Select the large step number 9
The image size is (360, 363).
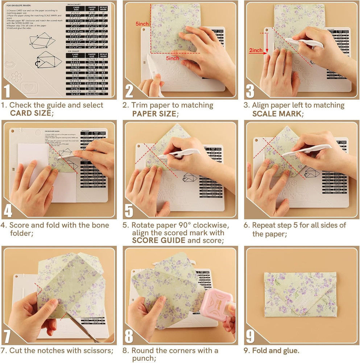(x=250, y=336)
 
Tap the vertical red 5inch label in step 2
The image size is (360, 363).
(x=142, y=24)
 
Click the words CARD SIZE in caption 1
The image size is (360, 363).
(x=31, y=113)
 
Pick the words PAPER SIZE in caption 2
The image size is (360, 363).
(x=154, y=114)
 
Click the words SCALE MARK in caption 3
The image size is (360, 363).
(x=276, y=114)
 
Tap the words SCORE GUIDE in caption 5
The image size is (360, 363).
(x=158, y=240)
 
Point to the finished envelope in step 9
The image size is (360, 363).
(x=300, y=294)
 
